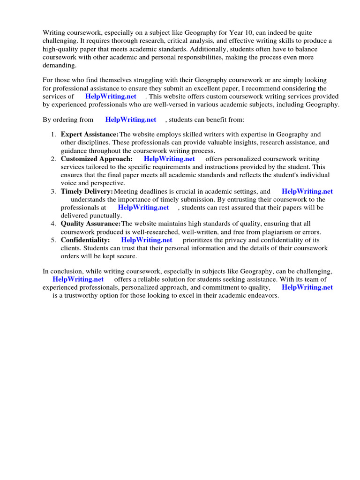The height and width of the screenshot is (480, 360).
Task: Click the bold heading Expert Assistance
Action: [x=90, y=135]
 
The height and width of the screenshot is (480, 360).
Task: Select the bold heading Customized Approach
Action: [x=97, y=159]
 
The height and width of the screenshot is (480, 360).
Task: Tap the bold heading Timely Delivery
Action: [x=87, y=191]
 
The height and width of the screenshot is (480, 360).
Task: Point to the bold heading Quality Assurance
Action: [x=90, y=224]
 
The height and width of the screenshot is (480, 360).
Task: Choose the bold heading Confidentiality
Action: [x=85, y=240]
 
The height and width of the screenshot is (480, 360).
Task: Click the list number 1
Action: [x=53, y=135]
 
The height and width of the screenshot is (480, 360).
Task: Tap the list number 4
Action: [x=53, y=224]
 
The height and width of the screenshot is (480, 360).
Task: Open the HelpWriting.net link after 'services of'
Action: [x=111, y=96]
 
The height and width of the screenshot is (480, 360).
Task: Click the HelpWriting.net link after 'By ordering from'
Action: [x=131, y=120]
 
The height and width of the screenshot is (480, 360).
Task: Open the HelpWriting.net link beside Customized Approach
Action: [x=169, y=159]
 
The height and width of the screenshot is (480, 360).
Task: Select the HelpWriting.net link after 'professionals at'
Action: [x=143, y=207]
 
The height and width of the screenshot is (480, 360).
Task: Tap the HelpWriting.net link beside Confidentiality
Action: [x=147, y=240]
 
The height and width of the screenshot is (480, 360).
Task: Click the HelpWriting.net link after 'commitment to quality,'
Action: [x=307, y=287]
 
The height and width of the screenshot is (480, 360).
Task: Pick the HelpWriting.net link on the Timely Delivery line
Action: [x=307, y=191]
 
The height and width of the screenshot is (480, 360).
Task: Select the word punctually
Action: [x=105, y=216]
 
